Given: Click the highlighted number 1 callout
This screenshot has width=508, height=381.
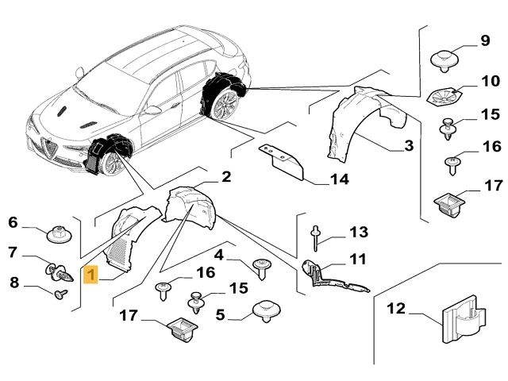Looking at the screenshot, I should [92, 275].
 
